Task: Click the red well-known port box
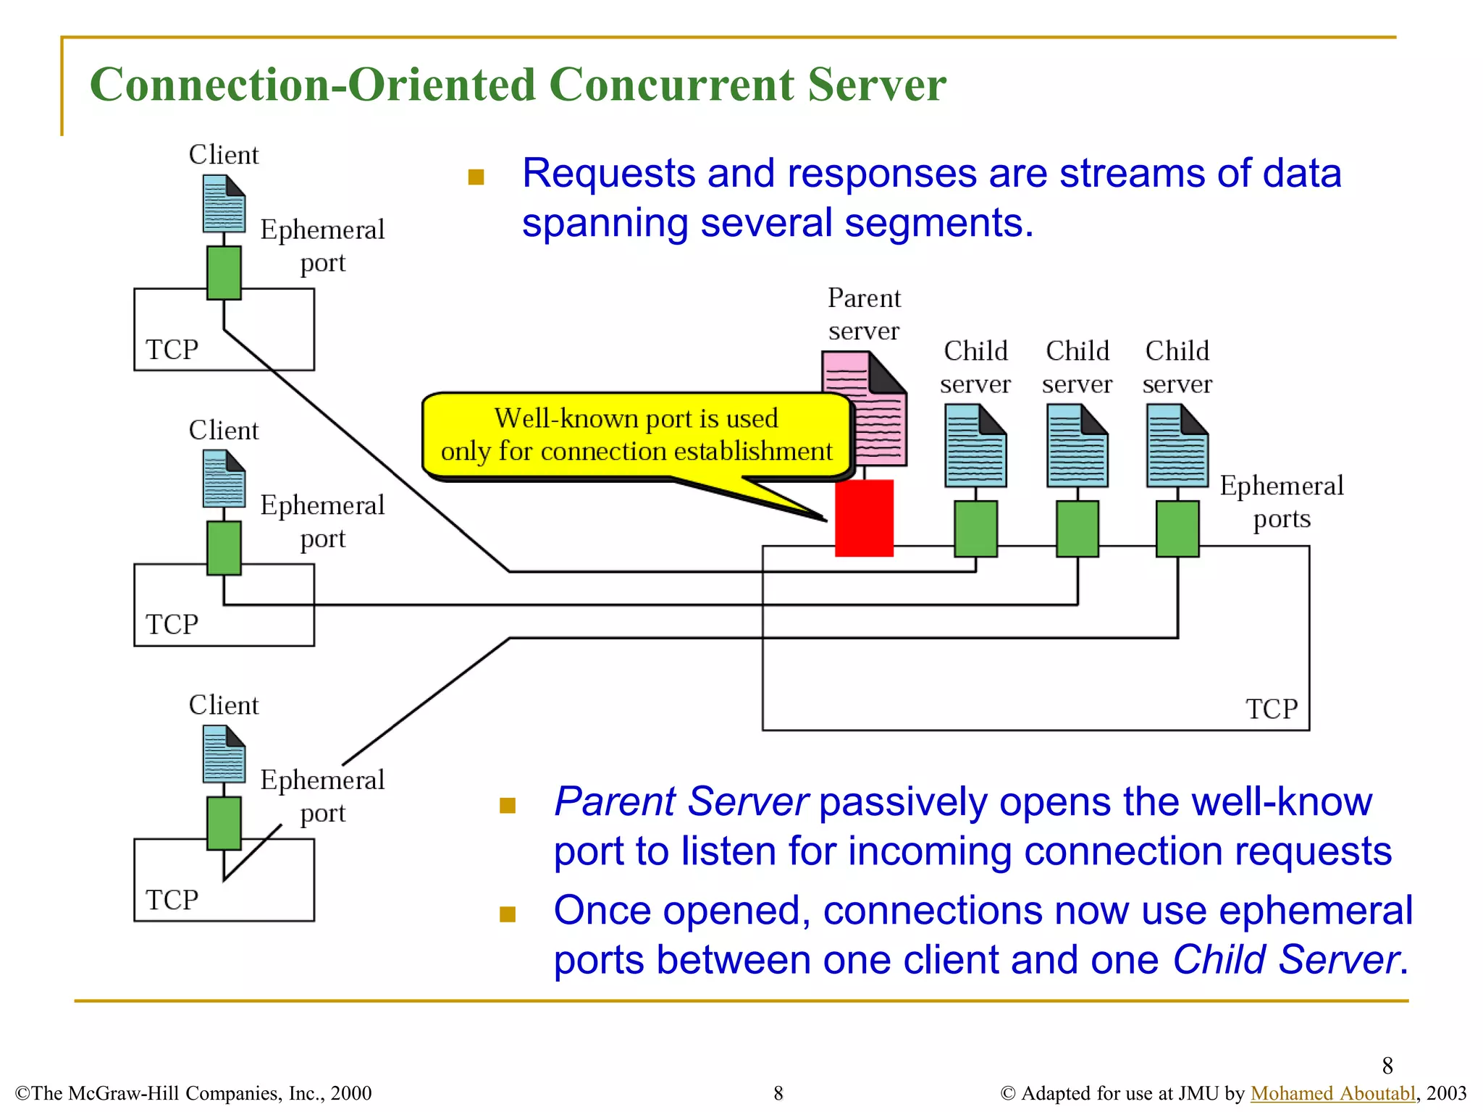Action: pos(863,518)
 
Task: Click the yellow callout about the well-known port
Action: pos(636,435)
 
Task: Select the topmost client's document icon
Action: pos(224,203)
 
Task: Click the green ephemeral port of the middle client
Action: pos(224,548)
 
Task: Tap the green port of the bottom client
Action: pos(224,823)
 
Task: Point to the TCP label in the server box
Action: pos(1271,709)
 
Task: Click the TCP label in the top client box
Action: pos(172,350)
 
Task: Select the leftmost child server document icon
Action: pos(975,446)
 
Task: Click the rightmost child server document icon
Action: pos(1177,446)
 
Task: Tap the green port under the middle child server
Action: pos(1077,528)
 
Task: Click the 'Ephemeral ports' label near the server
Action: pos(1281,502)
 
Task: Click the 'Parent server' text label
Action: pos(863,314)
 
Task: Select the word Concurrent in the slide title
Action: pos(671,85)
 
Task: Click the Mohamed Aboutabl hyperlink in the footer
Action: pos(1332,1092)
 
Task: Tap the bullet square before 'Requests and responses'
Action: pos(476,177)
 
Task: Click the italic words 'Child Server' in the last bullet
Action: pos(1285,960)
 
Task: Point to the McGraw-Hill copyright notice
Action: pos(193,1092)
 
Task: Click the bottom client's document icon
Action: pos(224,754)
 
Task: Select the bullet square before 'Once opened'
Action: pos(508,914)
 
